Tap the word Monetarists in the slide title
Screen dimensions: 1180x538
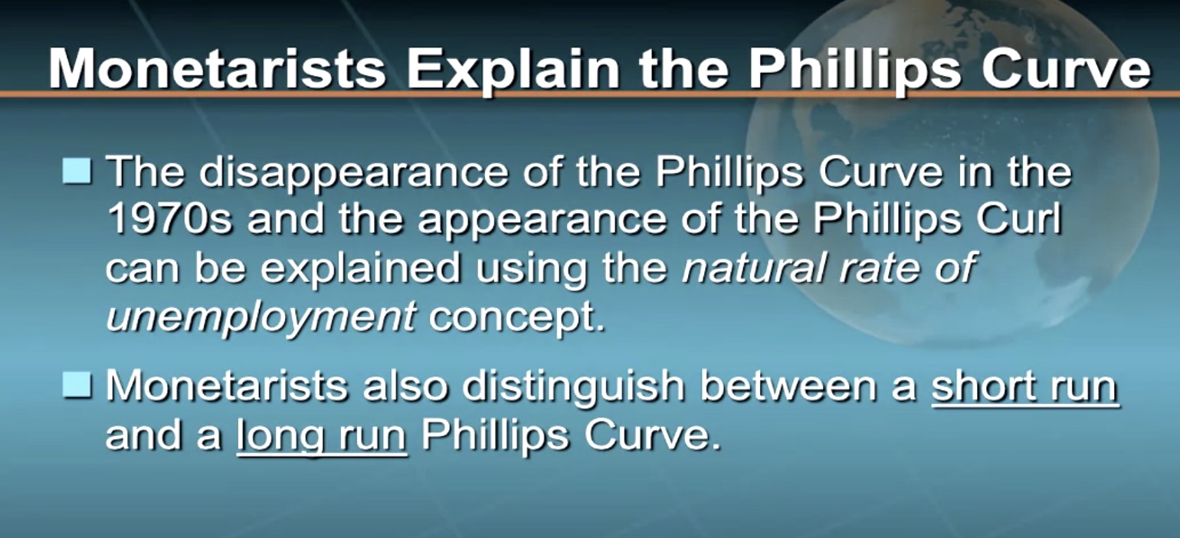(217, 69)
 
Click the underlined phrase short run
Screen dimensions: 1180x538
(1024, 387)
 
